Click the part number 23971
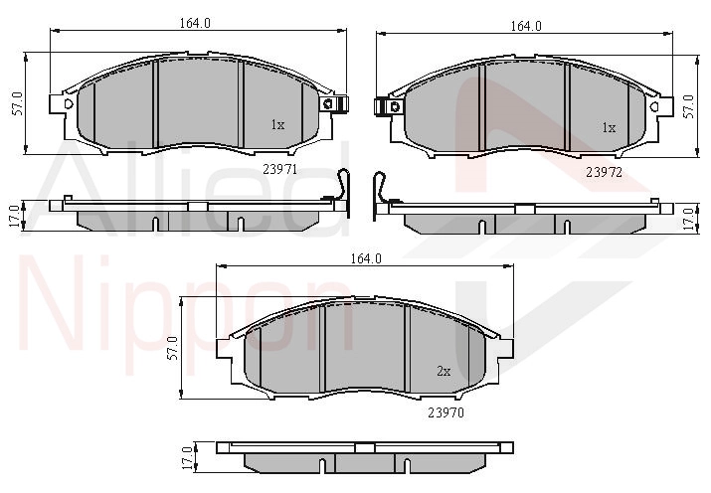point(279,169)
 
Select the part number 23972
point(605,172)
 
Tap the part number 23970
point(446,412)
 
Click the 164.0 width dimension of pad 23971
point(195,23)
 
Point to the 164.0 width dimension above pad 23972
point(526,26)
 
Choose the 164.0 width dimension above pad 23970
point(366,258)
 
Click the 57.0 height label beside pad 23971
point(18,103)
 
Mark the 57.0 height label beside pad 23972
point(688,106)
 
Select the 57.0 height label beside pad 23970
point(172,348)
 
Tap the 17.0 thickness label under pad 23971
point(14,216)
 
